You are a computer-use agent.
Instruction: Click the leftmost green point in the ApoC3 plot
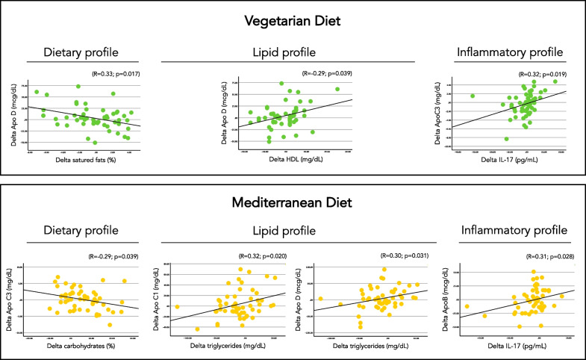click(x=473, y=96)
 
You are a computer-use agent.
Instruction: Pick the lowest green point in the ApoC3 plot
click(x=507, y=139)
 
